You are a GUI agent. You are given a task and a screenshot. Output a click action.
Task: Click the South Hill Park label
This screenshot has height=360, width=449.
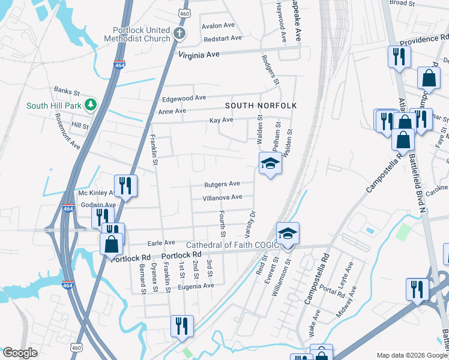(x=52, y=106)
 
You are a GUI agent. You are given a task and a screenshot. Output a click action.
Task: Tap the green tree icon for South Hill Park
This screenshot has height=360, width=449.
(x=90, y=106)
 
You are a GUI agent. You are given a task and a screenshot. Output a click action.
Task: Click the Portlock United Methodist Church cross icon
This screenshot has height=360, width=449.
(x=179, y=34)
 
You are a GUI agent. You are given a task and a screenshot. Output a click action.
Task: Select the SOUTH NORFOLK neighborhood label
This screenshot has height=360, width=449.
(x=261, y=106)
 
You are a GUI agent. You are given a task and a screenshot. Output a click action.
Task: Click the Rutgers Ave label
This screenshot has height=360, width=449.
(x=221, y=184)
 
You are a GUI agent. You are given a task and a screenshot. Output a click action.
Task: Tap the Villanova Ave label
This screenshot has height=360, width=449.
(x=222, y=197)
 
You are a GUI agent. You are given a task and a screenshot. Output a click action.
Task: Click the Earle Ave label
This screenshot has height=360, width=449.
(x=161, y=243)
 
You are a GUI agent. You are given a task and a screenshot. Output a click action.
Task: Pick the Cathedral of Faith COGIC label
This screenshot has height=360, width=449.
(x=232, y=245)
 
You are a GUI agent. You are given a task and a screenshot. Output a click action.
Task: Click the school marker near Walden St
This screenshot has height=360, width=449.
(x=270, y=163)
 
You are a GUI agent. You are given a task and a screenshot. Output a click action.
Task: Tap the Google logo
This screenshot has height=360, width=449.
(x=20, y=353)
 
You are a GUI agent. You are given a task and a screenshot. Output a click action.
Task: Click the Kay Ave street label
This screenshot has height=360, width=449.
(x=221, y=121)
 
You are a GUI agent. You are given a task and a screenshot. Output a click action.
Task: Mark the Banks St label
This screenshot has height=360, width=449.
(x=67, y=92)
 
